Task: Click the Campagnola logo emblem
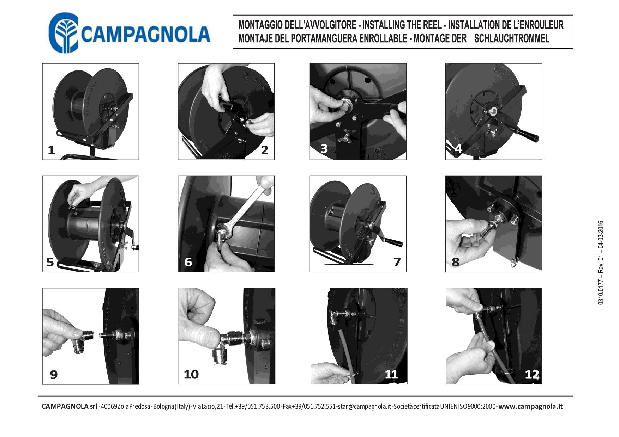(x=63, y=32)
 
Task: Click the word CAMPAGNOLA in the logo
(x=146, y=34)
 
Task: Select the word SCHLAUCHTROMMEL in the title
(x=512, y=38)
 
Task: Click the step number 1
(x=52, y=150)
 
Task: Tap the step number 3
(x=324, y=148)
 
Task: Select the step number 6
(x=188, y=262)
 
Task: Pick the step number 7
(x=397, y=262)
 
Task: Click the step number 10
(x=191, y=374)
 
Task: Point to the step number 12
(x=532, y=374)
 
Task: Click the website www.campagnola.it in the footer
(x=530, y=406)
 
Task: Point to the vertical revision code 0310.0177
(x=601, y=293)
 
